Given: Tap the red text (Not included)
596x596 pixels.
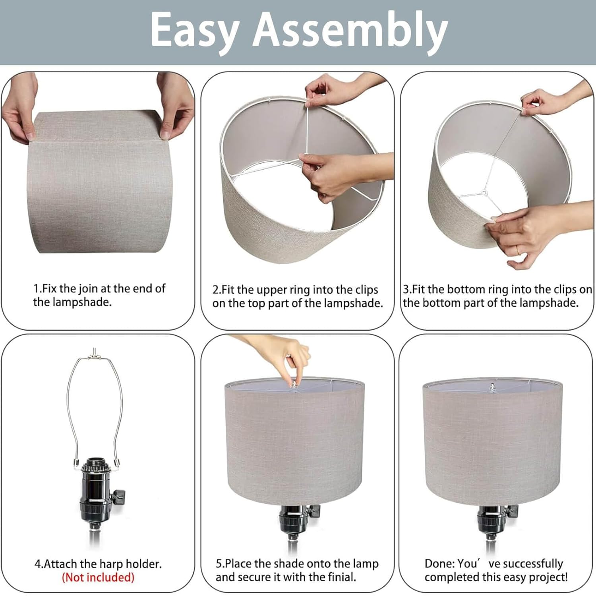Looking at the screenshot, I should click(98, 577).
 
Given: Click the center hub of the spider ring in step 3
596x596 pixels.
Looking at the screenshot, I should click(484, 193).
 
